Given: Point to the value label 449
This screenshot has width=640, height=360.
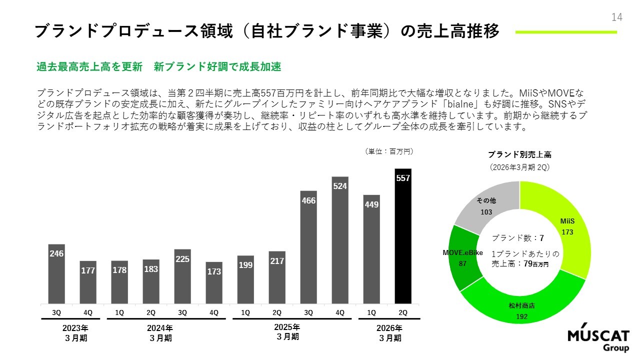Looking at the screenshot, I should pos(371,204).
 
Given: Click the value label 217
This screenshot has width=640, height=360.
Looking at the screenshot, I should pos(277,261).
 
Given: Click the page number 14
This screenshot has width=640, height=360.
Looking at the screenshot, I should pos(616,17).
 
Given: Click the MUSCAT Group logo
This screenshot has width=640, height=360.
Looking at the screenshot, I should pos(598,340).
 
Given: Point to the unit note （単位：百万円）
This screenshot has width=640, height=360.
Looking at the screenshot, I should pos(389,151).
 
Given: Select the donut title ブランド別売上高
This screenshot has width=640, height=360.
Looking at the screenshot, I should pos(519,155).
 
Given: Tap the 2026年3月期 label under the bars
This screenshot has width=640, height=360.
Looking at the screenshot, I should pos(389,333).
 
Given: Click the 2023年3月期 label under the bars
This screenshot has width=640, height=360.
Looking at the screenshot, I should pos(75,333).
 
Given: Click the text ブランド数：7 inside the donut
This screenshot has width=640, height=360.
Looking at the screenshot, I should pos(517,238).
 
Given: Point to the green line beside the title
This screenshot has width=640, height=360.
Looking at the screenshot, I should pos(566,32).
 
